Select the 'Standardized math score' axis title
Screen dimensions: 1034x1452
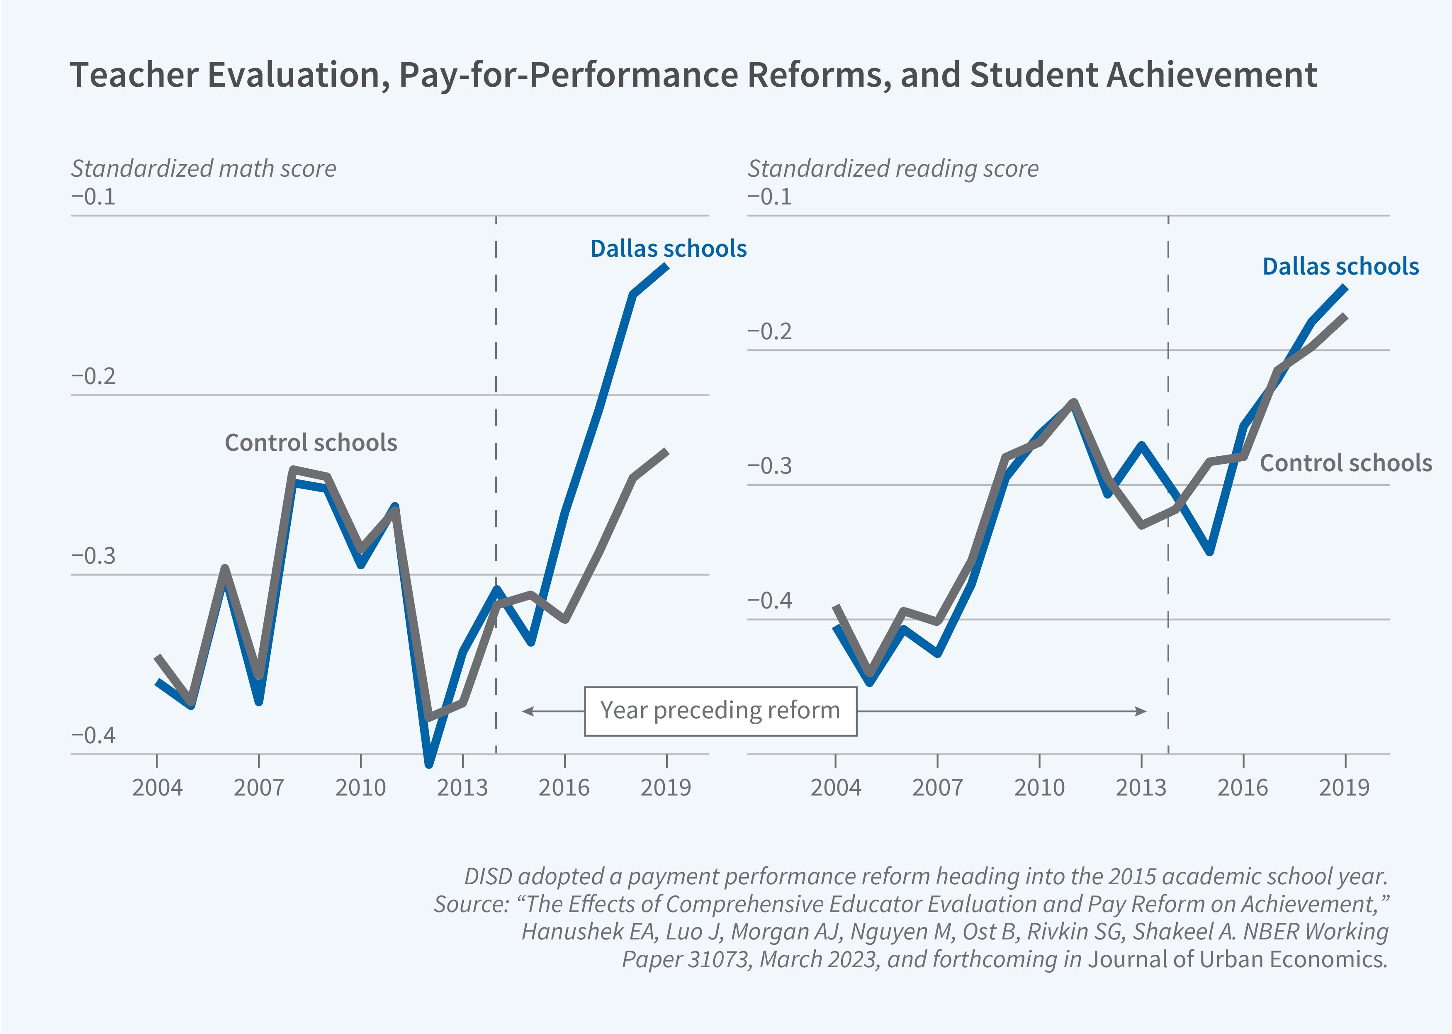click(x=203, y=169)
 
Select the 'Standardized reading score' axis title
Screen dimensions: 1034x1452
click(x=893, y=169)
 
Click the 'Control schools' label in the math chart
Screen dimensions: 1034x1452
click(x=311, y=443)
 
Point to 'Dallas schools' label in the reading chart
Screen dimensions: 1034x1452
click(x=1340, y=267)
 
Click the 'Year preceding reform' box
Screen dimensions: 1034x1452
click(x=720, y=710)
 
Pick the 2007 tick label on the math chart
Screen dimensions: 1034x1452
click(x=258, y=788)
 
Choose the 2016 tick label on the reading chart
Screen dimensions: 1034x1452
click(x=1243, y=788)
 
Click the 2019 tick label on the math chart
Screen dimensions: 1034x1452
click(x=666, y=788)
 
